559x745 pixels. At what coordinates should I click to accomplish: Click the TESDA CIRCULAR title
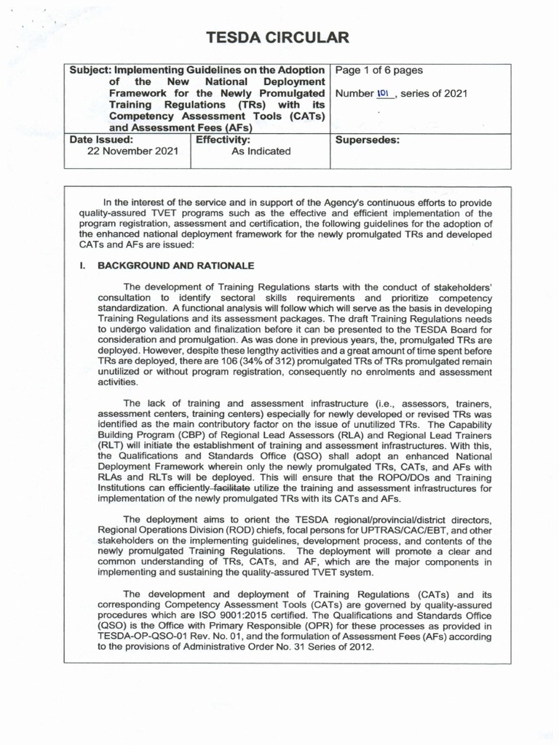tap(279, 38)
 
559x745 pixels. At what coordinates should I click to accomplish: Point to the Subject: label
tap(91, 71)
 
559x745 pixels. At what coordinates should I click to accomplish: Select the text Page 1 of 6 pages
tap(378, 71)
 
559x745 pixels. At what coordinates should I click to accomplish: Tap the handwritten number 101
tap(384, 93)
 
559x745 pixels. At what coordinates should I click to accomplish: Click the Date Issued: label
tap(101, 139)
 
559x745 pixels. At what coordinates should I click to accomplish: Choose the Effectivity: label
tap(223, 139)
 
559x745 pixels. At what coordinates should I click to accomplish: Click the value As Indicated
tap(261, 151)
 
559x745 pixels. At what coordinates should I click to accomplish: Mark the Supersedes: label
tap(367, 139)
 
